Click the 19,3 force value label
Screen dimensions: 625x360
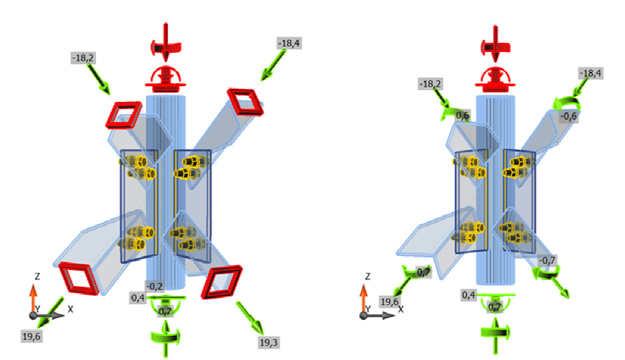pos(269,343)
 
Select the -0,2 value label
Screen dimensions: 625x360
pos(155,286)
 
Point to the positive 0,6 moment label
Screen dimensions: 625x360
pos(462,115)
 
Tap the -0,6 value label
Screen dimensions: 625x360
pos(568,117)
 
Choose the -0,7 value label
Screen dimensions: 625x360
pos(547,260)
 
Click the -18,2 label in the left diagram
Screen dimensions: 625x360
pos(83,58)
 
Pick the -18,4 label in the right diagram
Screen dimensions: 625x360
pos(590,73)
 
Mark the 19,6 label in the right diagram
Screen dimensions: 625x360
pos(389,302)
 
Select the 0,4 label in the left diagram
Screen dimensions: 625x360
pos(137,298)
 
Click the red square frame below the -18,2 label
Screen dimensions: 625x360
pos(123,115)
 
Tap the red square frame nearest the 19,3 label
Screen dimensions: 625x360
pos(222,282)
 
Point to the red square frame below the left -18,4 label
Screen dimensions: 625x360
pos(245,102)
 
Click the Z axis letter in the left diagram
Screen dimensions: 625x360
pos(37,276)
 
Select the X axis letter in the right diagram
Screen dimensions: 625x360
pos(401,309)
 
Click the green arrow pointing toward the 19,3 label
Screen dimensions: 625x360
pos(250,318)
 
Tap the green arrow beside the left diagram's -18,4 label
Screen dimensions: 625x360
pos(273,65)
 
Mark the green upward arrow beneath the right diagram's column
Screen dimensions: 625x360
pos(495,335)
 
